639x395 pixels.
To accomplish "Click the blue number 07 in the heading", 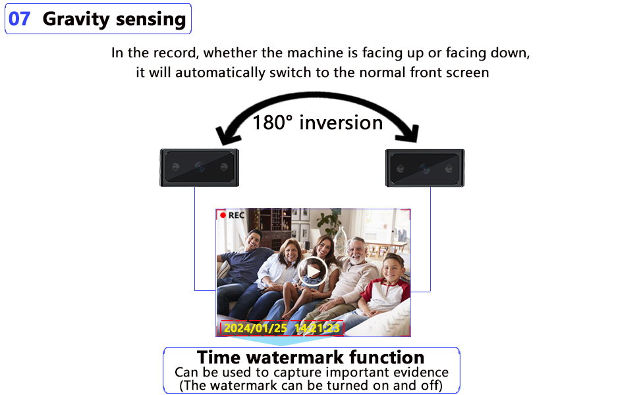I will coord(20,18).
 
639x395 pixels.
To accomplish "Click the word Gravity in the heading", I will coord(73,19).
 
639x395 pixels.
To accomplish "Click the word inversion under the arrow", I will coord(341,122).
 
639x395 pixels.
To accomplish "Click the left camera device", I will coord(200,167).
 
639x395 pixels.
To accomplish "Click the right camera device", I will coord(426,167).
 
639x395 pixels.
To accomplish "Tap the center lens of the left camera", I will coord(200,168).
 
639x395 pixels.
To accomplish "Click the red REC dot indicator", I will coord(223,215).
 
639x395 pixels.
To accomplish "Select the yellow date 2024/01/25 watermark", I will coord(255,328).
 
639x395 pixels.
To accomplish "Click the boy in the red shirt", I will coord(389,283).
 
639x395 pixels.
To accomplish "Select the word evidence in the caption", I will coord(419,372).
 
